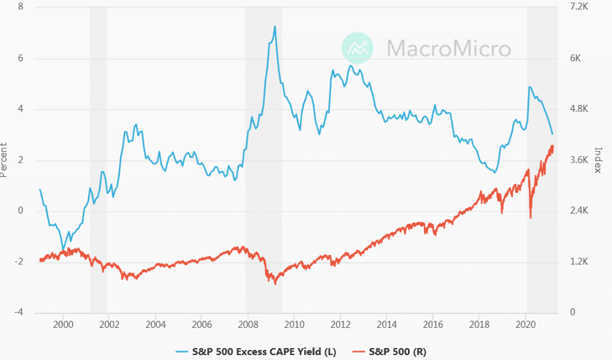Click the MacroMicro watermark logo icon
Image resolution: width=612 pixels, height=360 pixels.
coord(358,48)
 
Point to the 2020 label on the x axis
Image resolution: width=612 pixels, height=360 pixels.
coord(525,324)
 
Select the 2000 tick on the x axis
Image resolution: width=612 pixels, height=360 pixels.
coord(63,324)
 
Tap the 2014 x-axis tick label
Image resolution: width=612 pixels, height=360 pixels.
coord(386,324)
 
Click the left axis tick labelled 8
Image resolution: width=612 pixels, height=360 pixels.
coord(19,7)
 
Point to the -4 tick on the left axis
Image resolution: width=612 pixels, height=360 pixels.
coord(18,312)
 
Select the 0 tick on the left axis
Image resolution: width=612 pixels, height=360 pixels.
coord(19,211)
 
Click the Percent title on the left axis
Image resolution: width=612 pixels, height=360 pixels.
coord(5,159)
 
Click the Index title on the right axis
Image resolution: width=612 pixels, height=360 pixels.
coord(599,159)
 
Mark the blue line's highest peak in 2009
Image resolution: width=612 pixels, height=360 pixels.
coord(275,26)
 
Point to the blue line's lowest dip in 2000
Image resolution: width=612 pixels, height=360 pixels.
coord(63,248)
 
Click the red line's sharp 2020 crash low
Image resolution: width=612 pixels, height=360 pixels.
coord(531,218)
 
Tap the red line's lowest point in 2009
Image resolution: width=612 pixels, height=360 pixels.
coord(275,284)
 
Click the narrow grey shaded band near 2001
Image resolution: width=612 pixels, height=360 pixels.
coord(98,159)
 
